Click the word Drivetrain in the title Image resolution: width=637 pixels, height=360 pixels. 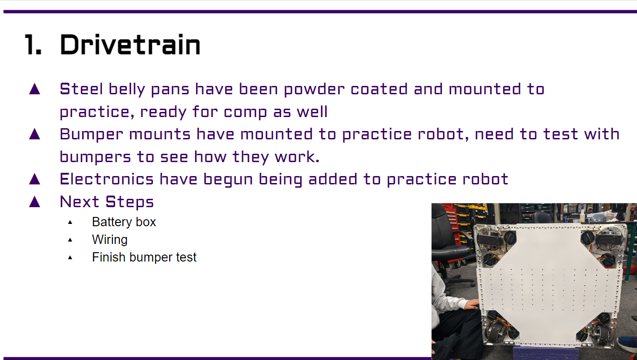point(130,45)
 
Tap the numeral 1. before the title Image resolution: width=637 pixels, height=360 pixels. point(33,45)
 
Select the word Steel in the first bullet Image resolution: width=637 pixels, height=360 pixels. point(81,89)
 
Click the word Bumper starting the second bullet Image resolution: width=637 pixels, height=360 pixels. point(92,135)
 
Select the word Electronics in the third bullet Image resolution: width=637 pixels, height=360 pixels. point(107,179)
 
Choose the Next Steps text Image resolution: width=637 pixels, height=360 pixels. point(107,203)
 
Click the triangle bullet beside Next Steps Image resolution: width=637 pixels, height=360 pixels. point(35,202)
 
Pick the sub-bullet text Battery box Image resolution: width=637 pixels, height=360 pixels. point(124,222)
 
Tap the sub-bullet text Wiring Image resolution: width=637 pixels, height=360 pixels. point(110,240)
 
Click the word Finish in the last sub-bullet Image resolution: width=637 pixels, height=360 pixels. point(109,257)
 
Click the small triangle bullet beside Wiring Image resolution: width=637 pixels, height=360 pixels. point(70,240)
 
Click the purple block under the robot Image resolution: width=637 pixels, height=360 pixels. point(546,353)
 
